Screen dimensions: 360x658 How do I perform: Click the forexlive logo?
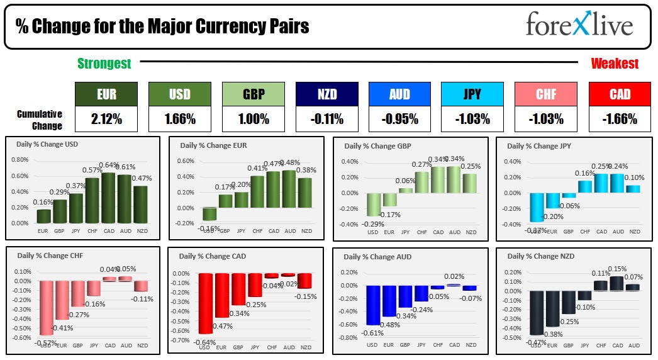pyautogui.click(x=579, y=26)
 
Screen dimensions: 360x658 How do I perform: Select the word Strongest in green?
pyautogui.click(x=104, y=64)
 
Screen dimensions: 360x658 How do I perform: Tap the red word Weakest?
pyautogui.click(x=614, y=64)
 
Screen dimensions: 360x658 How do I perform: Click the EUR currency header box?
pyautogui.click(x=106, y=94)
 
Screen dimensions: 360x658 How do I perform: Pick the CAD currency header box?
pyautogui.click(x=620, y=94)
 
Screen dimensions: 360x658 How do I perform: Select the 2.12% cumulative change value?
pyautogui.click(x=106, y=118)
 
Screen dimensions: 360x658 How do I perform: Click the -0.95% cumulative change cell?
pyautogui.click(x=399, y=118)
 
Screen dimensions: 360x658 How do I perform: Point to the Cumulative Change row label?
pyautogui.click(x=40, y=120)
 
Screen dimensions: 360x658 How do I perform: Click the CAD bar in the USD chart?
pyautogui.click(x=109, y=198)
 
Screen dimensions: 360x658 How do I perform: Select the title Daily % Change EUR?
pyautogui.click(x=213, y=145)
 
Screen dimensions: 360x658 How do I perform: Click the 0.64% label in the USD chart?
pyautogui.click(x=109, y=166)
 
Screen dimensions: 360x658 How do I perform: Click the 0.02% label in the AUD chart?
pyautogui.click(x=454, y=276)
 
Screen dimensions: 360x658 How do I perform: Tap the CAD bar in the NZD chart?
pyautogui.click(x=618, y=283)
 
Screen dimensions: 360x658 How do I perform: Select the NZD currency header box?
pyautogui.click(x=326, y=94)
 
